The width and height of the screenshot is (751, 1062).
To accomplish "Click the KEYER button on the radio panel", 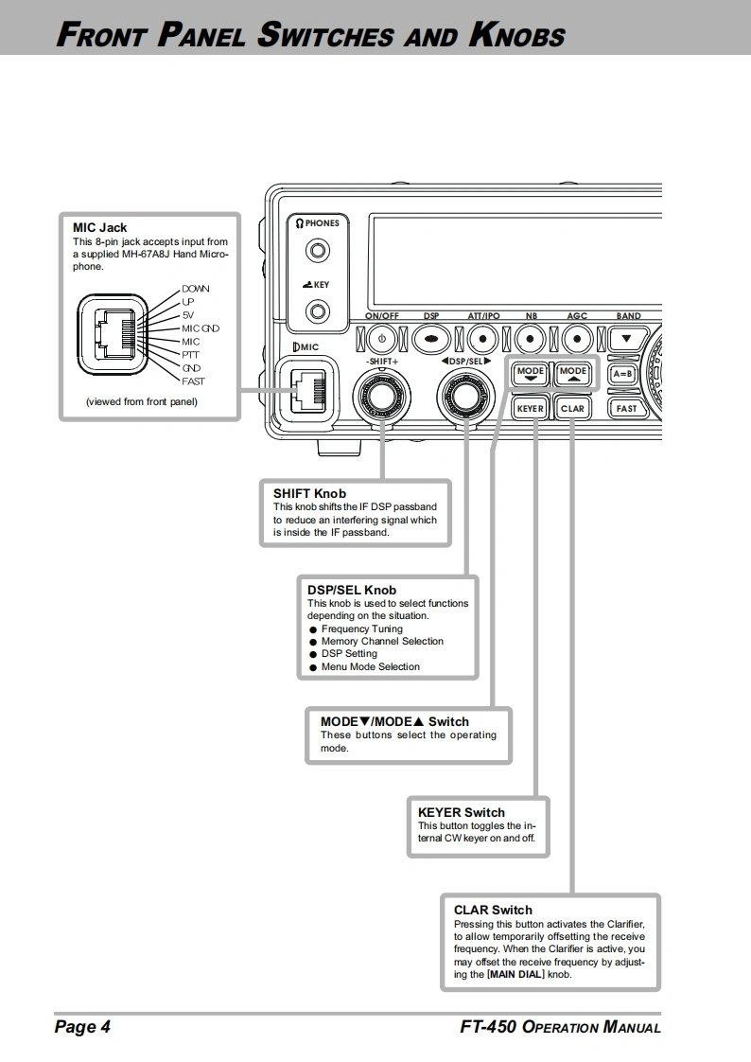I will [530, 408].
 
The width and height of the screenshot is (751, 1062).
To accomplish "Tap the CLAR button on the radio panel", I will [572, 408].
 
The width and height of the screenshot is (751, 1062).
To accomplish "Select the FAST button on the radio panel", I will [626, 408].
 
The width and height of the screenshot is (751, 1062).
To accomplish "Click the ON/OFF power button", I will [381, 338].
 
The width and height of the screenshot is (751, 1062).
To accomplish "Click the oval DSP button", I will [431, 338].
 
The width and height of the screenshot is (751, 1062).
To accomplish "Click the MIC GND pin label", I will [201, 328].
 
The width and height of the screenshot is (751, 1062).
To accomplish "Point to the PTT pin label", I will [190, 355].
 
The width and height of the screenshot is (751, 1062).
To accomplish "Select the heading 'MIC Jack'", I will [99, 227].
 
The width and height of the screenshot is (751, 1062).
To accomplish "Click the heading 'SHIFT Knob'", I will [309, 493].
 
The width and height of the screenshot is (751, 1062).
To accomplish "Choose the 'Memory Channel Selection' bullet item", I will [382, 641].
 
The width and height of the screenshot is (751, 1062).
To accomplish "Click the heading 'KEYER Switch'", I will [462, 812].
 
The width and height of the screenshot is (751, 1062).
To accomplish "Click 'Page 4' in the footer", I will [82, 1027].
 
